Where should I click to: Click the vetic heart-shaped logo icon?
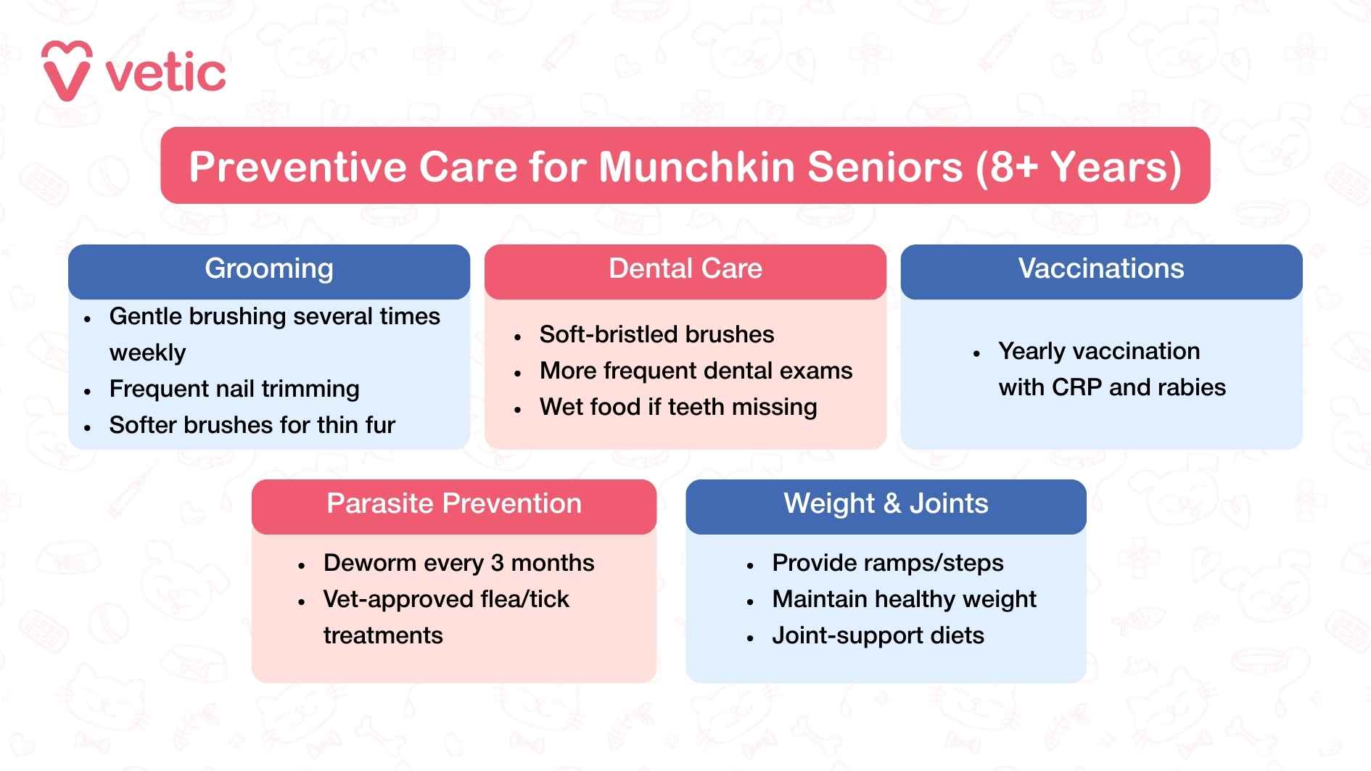(67, 71)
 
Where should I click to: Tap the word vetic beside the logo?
(166, 73)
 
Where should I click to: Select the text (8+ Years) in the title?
(1079, 166)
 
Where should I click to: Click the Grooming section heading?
(269, 269)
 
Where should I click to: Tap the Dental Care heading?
(685, 269)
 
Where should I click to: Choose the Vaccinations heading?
(1100, 269)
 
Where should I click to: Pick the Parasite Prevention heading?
(453, 504)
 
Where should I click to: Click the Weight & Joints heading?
(886, 504)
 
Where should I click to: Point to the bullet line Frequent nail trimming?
(234, 389)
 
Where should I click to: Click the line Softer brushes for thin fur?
(252, 425)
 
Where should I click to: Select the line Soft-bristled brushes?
(656, 334)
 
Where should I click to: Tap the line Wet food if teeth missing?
(678, 407)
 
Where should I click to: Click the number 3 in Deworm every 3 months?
(497, 563)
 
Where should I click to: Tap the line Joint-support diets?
(878, 635)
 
